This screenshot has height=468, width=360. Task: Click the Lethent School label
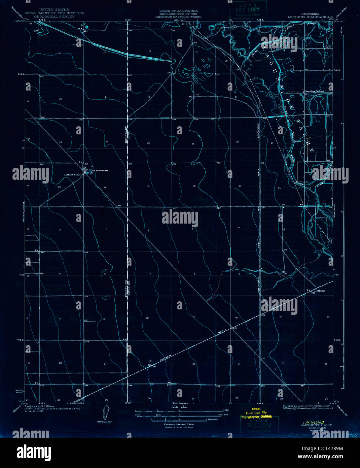click(x=73, y=175)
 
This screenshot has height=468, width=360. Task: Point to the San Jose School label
click(x=314, y=91)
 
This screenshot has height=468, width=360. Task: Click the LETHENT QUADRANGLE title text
click(x=310, y=16)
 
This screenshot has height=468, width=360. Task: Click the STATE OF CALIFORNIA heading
click(x=181, y=11)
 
